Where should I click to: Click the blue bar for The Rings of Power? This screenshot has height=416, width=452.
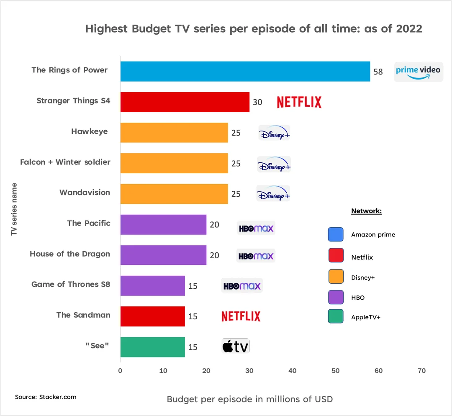(245, 71)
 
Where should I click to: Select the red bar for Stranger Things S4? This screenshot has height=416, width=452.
(185, 102)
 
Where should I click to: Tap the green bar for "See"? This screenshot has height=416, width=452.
(152, 347)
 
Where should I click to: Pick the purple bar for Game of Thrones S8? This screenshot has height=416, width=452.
(152, 285)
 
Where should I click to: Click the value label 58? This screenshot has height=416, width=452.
(378, 72)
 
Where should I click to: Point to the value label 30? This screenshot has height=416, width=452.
(257, 102)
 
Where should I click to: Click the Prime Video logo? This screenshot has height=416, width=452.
(418, 71)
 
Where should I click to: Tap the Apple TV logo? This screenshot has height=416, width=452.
(235, 347)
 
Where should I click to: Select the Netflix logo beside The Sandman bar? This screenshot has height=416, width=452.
(241, 316)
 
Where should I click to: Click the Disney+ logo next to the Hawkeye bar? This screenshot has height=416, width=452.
(274, 133)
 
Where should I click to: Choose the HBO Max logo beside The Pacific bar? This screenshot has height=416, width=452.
(256, 229)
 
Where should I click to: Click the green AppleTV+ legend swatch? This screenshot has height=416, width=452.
(336, 316)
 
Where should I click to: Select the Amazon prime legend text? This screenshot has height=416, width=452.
(373, 235)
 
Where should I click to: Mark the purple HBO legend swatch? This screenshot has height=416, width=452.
(336, 297)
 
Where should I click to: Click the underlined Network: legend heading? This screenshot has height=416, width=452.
(366, 211)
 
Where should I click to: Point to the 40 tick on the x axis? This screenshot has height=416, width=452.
(292, 371)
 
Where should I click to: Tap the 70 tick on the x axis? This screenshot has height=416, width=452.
(421, 371)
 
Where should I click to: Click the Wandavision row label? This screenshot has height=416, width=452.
(85, 193)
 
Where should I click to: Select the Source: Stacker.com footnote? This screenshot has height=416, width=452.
(46, 397)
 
